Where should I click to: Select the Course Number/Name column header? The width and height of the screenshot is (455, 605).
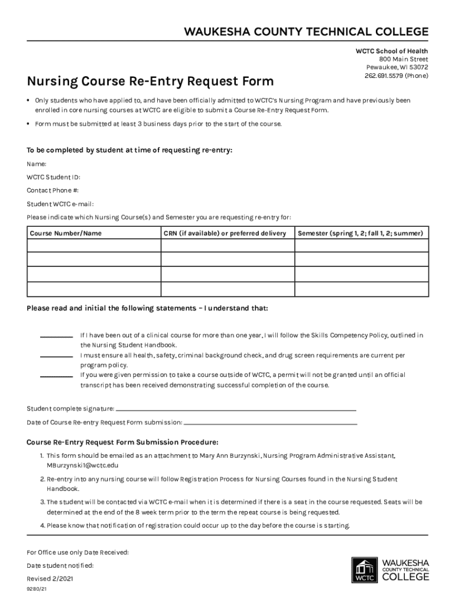click(x=66, y=233)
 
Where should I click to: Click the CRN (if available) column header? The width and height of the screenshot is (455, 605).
click(x=225, y=233)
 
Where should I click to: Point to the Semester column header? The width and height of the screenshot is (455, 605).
click(x=360, y=233)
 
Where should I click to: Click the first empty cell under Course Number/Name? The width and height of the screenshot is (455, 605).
click(x=93, y=245)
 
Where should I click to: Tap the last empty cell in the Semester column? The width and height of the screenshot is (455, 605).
click(x=362, y=290)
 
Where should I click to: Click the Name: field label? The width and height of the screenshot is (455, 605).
click(x=37, y=164)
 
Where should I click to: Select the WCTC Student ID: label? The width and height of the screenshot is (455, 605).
click(x=54, y=177)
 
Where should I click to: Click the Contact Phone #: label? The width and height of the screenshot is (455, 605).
click(x=53, y=190)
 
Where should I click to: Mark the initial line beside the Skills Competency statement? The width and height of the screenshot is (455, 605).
click(x=56, y=337)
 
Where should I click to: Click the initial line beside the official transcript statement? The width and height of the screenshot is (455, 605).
click(x=56, y=376)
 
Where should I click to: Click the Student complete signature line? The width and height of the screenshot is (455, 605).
click(x=236, y=409)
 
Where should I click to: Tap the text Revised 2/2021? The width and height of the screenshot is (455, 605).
click(x=50, y=578)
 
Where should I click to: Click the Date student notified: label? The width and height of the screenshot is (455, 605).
click(x=60, y=565)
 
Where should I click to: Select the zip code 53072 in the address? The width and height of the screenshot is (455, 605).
click(x=416, y=67)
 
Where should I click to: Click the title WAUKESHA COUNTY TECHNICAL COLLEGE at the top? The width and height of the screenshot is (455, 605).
click(x=306, y=32)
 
